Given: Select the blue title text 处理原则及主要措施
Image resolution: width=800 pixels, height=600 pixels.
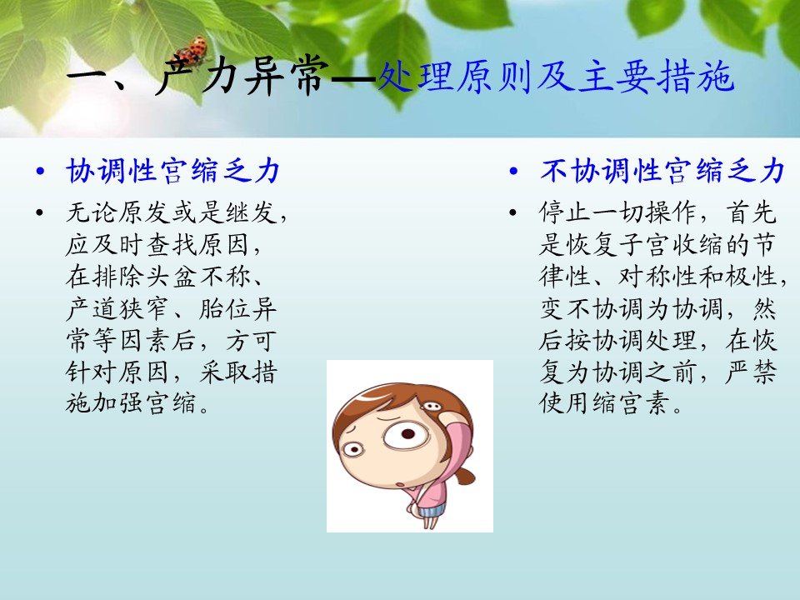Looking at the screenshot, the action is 556,77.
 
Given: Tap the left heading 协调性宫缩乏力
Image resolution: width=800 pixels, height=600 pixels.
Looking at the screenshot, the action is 173,170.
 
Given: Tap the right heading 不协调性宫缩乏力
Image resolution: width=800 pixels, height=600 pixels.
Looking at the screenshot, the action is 662,170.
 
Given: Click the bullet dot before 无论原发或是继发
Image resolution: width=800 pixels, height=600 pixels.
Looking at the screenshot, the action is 40,212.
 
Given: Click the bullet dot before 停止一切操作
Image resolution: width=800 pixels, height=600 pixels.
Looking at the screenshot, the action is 513,212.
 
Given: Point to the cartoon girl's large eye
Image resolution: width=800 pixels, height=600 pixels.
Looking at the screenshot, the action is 405,435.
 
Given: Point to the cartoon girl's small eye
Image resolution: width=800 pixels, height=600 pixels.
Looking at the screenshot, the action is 352,449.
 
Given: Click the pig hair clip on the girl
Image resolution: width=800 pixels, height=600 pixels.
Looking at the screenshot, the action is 432,406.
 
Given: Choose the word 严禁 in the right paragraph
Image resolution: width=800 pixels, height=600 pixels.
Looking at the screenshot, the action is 751,372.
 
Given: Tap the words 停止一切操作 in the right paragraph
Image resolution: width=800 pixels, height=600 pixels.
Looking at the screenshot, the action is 617,212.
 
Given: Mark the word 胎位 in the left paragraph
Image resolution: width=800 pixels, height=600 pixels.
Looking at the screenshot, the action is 224,308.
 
